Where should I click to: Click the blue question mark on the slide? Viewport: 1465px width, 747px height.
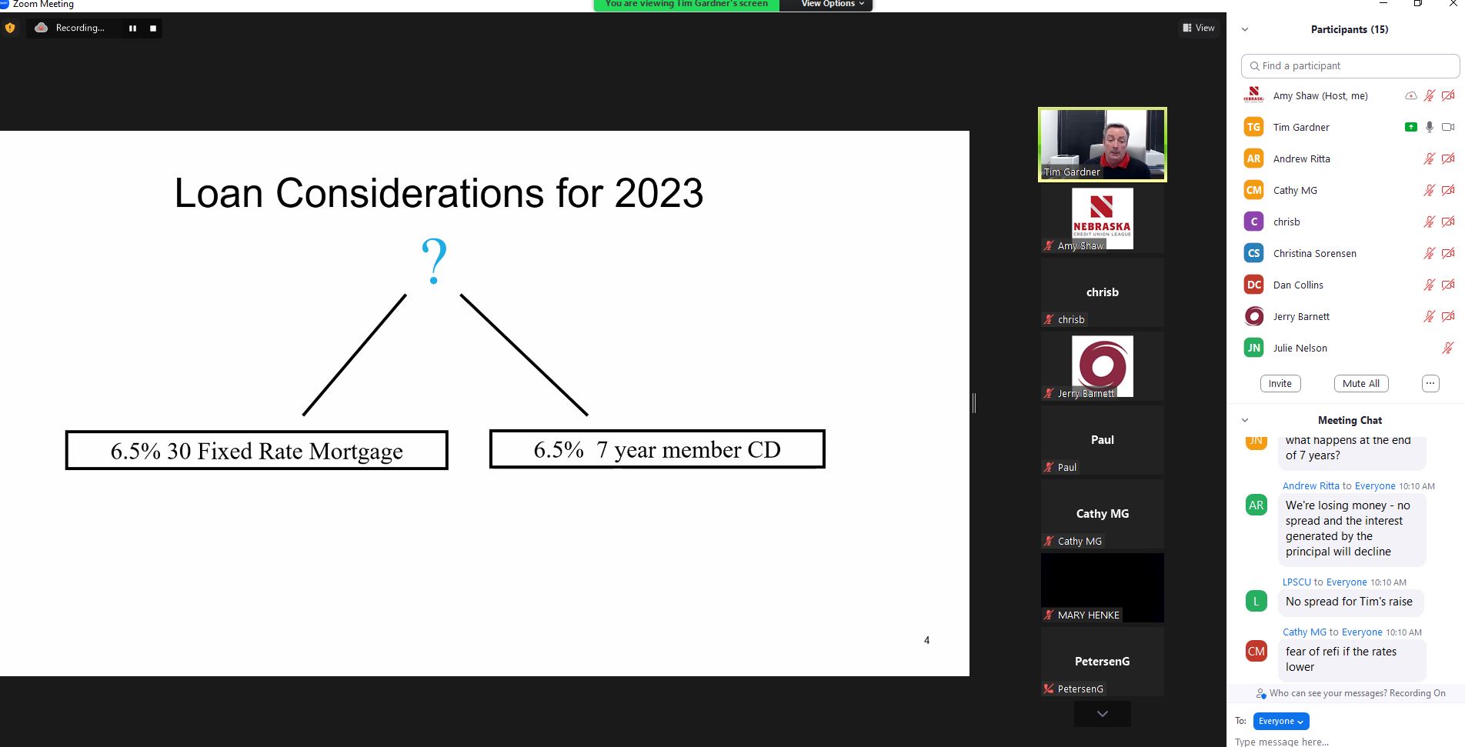point(434,262)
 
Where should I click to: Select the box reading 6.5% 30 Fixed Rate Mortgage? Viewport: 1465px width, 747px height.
point(256,450)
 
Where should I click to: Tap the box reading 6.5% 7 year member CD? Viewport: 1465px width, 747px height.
point(657,449)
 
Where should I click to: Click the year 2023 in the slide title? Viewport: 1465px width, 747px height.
point(659,192)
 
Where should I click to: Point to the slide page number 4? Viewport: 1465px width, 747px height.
point(926,640)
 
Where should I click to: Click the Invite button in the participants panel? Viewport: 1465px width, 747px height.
point(1280,384)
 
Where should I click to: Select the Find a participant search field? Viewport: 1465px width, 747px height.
point(1350,66)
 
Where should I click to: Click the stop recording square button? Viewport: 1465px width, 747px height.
point(153,28)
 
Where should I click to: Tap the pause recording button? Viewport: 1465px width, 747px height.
point(132,28)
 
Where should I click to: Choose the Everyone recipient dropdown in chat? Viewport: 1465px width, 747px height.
point(1281,721)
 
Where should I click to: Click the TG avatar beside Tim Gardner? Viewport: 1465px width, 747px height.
point(1254,127)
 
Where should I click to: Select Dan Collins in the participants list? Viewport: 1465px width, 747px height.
point(1298,285)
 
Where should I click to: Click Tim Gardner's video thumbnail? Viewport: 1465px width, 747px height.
point(1103,145)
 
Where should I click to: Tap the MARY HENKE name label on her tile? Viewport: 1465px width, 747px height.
point(1088,615)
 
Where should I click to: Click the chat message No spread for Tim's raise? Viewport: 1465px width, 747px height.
point(1349,602)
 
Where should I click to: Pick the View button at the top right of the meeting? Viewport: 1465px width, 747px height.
point(1199,28)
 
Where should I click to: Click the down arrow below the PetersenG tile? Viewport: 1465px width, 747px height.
point(1103,714)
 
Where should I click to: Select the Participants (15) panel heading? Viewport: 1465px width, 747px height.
point(1350,29)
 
